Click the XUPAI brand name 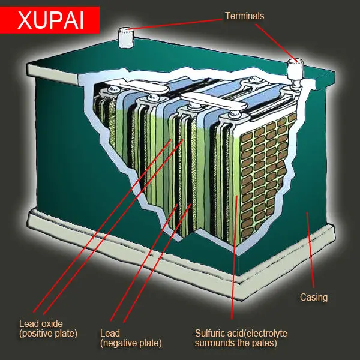(x=50, y=20)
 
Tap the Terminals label (x=245, y=16)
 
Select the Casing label (x=314, y=297)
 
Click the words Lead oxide (x=41, y=324)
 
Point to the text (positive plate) (x=49, y=334)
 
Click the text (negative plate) (x=131, y=343)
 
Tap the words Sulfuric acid (x=217, y=333)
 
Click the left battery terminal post (x=126, y=38)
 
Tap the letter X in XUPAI (x=24, y=20)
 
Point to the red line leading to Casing (x=310, y=250)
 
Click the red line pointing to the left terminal (x=175, y=25)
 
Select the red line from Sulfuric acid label (x=235, y=257)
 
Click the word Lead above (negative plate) (x=110, y=333)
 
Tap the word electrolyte (x=263, y=334)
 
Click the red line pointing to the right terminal (x=277, y=43)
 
